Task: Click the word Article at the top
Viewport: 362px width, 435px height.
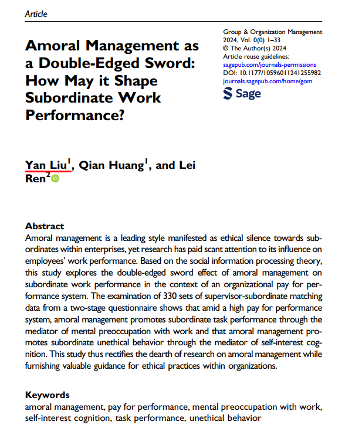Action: pos(36,14)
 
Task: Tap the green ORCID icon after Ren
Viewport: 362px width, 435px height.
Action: pos(55,179)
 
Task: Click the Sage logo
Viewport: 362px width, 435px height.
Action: pos(242,94)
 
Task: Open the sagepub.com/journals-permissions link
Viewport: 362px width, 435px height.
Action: pos(270,64)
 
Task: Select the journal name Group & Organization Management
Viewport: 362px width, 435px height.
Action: pos(273,32)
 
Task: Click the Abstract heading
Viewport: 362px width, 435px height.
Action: pos(45,226)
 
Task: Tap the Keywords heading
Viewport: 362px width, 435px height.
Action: pos(48,395)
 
